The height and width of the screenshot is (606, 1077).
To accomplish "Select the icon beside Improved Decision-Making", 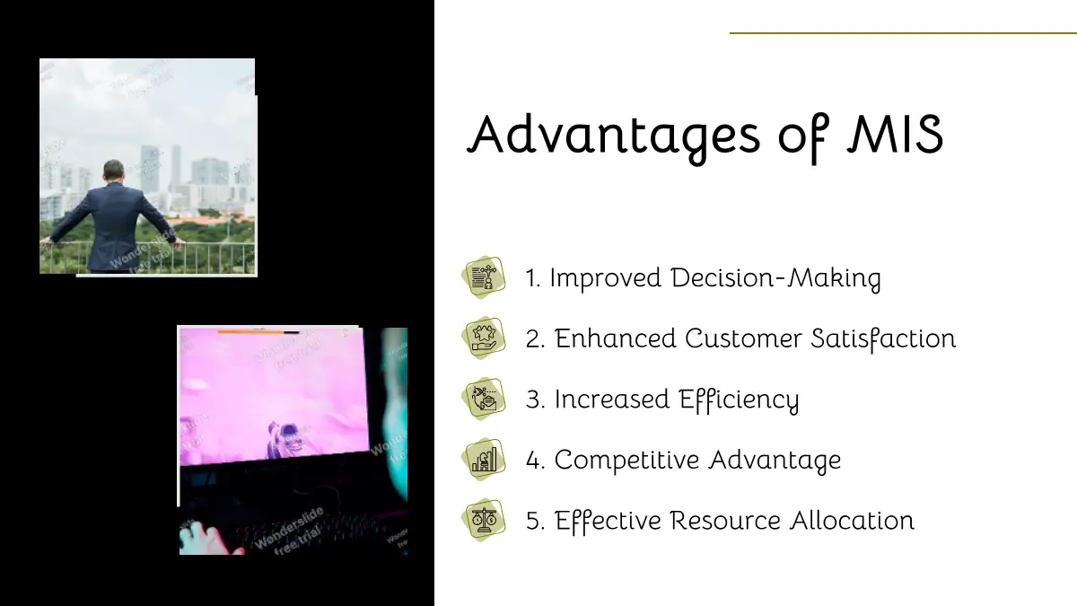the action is tap(484, 277).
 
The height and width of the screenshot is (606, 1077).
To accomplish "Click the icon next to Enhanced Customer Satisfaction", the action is tap(484, 338).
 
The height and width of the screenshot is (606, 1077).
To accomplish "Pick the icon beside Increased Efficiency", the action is tap(484, 399).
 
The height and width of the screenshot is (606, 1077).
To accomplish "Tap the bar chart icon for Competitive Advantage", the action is tap(484, 459).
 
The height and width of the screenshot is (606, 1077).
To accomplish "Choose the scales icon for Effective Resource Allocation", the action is tap(484, 520).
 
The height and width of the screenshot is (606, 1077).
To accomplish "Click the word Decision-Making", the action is tap(776, 278).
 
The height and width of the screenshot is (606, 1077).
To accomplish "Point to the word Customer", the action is tap(743, 338).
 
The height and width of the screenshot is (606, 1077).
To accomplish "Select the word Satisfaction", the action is tap(884, 338).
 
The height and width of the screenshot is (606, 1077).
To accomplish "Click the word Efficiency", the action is tap(739, 400).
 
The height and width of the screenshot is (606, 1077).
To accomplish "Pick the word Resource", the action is tap(725, 521).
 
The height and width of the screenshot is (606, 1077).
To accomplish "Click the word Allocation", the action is tap(852, 520).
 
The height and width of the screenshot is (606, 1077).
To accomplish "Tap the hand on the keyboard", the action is tap(207, 539).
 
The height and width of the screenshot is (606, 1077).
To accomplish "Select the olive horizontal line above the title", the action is tap(903, 33).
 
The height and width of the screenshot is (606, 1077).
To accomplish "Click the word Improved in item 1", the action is tap(606, 278).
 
